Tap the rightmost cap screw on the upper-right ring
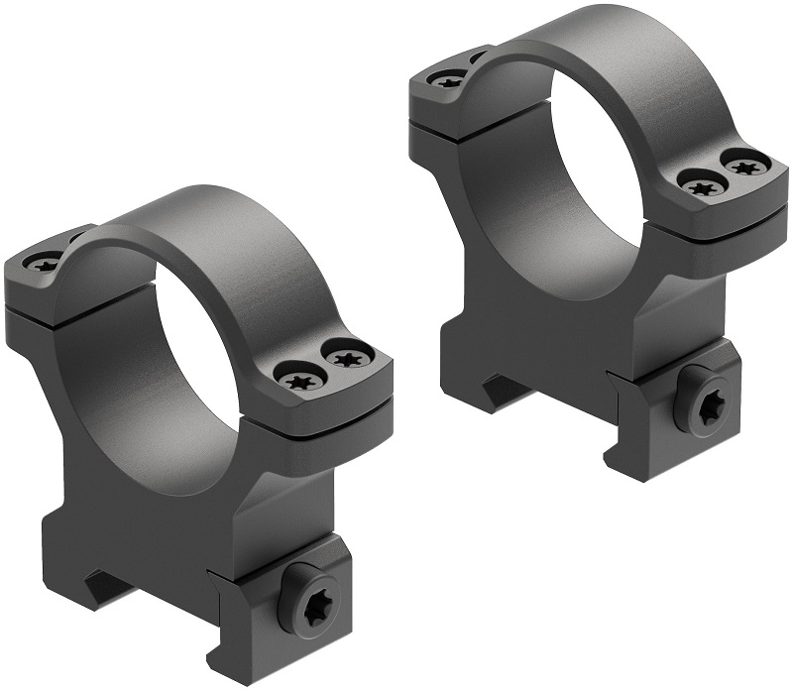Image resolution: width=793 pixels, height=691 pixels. pyautogui.click(x=745, y=164)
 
